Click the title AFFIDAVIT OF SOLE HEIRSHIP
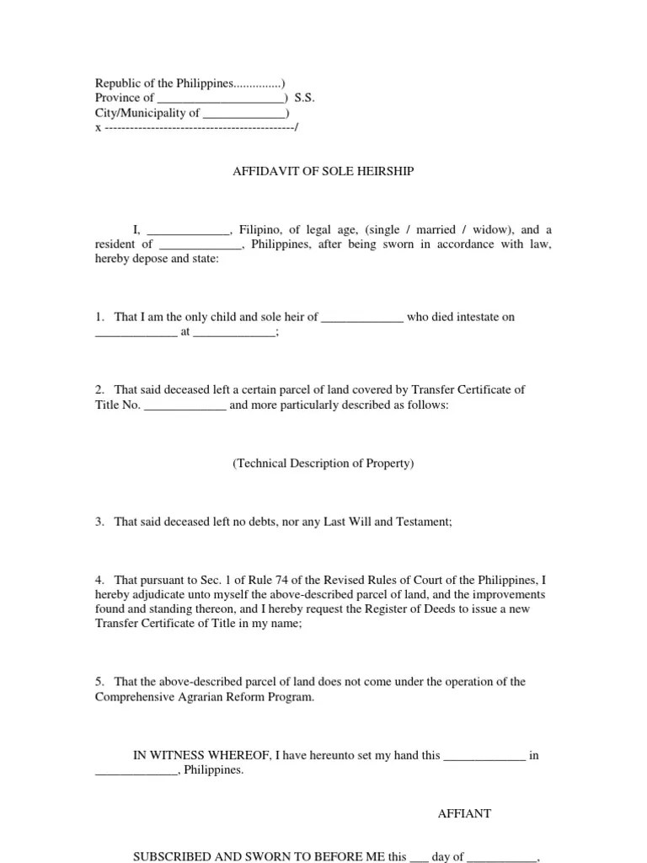(x=323, y=172)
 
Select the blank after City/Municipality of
(x=244, y=113)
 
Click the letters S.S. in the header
(x=304, y=98)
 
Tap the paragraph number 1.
(x=99, y=318)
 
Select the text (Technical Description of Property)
(x=323, y=464)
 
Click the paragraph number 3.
(x=99, y=523)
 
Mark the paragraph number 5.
(x=99, y=682)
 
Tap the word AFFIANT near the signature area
(x=464, y=814)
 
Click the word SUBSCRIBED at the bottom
(x=178, y=857)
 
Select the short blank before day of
(x=420, y=857)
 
